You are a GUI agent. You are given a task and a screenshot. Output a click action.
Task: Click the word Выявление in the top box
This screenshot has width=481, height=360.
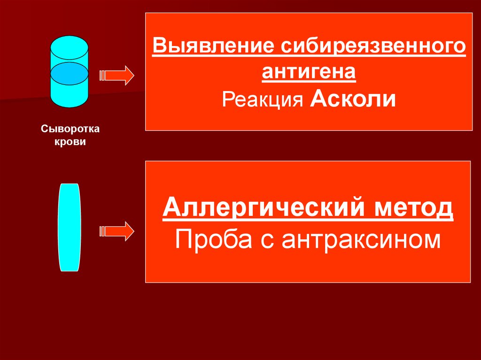point(213,46)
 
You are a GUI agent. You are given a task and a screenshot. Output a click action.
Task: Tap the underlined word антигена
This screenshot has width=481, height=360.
point(309,72)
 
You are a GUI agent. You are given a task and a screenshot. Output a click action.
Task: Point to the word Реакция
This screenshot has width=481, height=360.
point(263,99)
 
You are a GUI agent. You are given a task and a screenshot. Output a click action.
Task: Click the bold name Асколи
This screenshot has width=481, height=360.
point(353,99)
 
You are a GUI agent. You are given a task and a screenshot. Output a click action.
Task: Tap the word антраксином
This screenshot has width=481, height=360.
point(361,240)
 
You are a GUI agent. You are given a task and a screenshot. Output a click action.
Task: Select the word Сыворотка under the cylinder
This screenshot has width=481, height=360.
point(70,129)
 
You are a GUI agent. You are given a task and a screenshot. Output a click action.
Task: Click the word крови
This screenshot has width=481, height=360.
point(70,142)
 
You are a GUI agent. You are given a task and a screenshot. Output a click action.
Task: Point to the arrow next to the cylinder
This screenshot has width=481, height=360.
point(116,76)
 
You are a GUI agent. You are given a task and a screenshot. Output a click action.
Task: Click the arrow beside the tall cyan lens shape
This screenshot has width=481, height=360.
point(116,231)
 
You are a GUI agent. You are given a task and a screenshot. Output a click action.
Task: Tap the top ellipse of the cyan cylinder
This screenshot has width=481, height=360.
point(70,47)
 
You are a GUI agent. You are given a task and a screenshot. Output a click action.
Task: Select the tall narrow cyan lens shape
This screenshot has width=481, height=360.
point(70,228)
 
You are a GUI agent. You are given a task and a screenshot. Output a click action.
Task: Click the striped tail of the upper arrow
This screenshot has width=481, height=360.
point(102,76)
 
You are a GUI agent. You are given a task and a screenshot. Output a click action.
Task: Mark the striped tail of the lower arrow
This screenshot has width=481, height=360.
point(102,231)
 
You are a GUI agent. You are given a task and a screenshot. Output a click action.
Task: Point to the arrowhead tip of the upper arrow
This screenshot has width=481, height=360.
point(134,76)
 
